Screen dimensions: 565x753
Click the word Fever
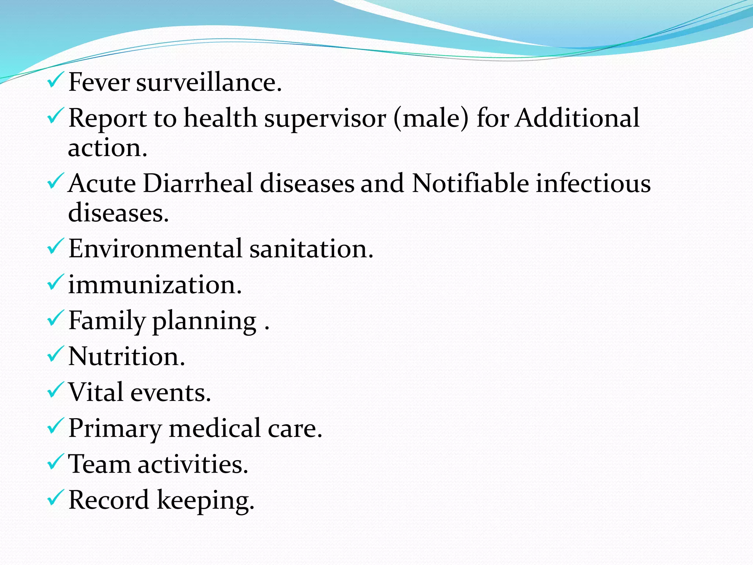[99, 82]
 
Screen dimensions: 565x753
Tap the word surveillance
[209, 82]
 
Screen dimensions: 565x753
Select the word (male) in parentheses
[431, 118]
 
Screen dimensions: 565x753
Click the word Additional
[577, 118]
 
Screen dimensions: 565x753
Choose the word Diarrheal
[198, 183]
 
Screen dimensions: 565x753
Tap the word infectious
[593, 183]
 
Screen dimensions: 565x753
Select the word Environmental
[155, 248]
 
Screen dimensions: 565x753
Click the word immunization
[155, 284]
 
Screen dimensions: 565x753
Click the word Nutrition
[126, 356]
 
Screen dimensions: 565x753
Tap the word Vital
[96, 392]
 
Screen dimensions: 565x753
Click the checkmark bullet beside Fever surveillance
[56, 80]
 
